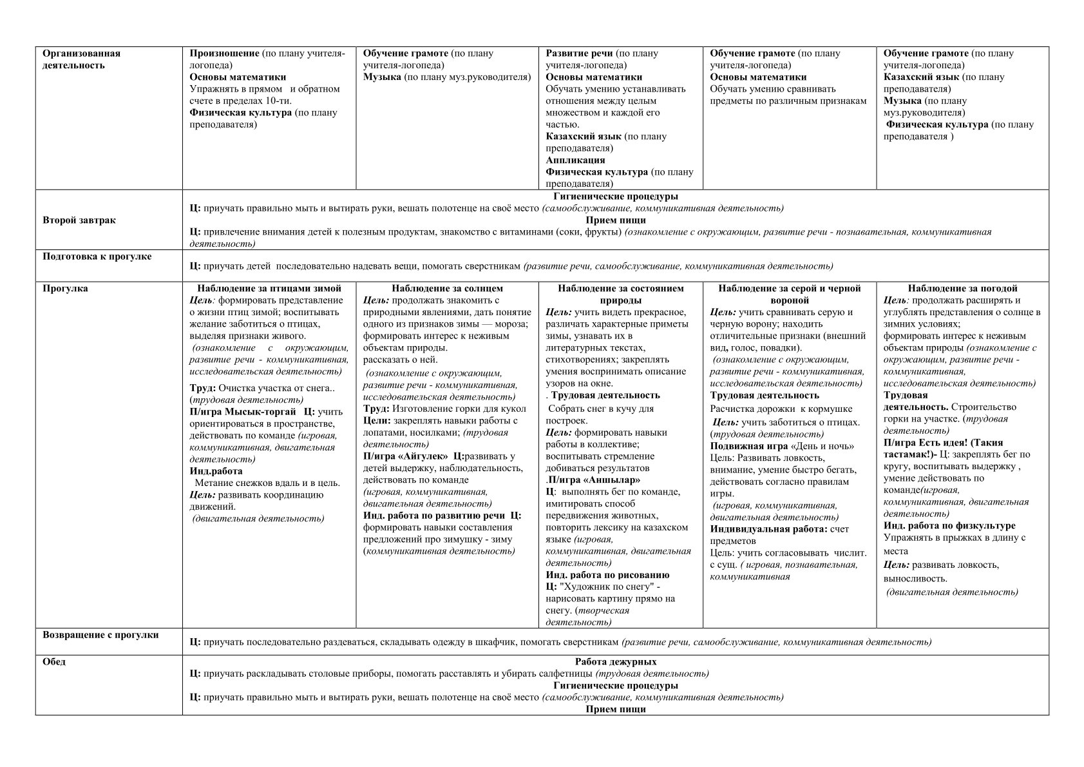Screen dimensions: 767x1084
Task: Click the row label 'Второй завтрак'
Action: [79, 220]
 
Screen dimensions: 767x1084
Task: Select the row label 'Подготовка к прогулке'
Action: [97, 257]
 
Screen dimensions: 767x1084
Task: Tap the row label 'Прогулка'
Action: [65, 289]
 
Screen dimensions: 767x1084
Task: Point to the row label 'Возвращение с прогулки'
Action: [100, 635]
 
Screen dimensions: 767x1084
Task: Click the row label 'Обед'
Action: [54, 662]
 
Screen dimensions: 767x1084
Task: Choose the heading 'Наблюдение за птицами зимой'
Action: [269, 289]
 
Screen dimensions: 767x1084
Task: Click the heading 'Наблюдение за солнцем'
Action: [447, 289]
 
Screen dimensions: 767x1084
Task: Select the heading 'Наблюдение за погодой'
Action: [962, 289]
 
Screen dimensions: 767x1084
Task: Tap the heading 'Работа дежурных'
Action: [615, 662]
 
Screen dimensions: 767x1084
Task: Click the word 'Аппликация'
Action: [575, 160]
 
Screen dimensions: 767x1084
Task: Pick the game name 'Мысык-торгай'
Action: [261, 412]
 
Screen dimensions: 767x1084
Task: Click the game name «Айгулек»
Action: [423, 456]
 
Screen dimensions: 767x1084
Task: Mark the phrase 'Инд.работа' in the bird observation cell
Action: [216, 471]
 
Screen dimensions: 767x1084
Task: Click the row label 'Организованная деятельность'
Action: [81, 59]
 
